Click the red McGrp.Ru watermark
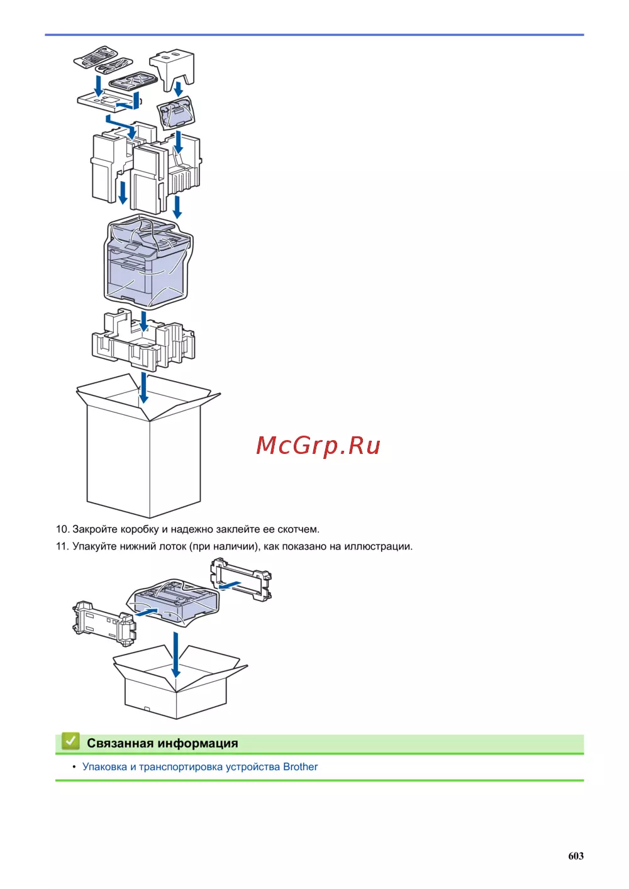point(318,445)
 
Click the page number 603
point(576,856)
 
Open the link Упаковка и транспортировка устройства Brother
point(200,766)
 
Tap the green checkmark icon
point(70,741)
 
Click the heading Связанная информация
point(162,743)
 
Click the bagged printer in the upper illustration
point(148,261)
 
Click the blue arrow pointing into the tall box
point(144,387)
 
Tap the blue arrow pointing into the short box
point(175,654)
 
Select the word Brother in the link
point(300,766)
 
